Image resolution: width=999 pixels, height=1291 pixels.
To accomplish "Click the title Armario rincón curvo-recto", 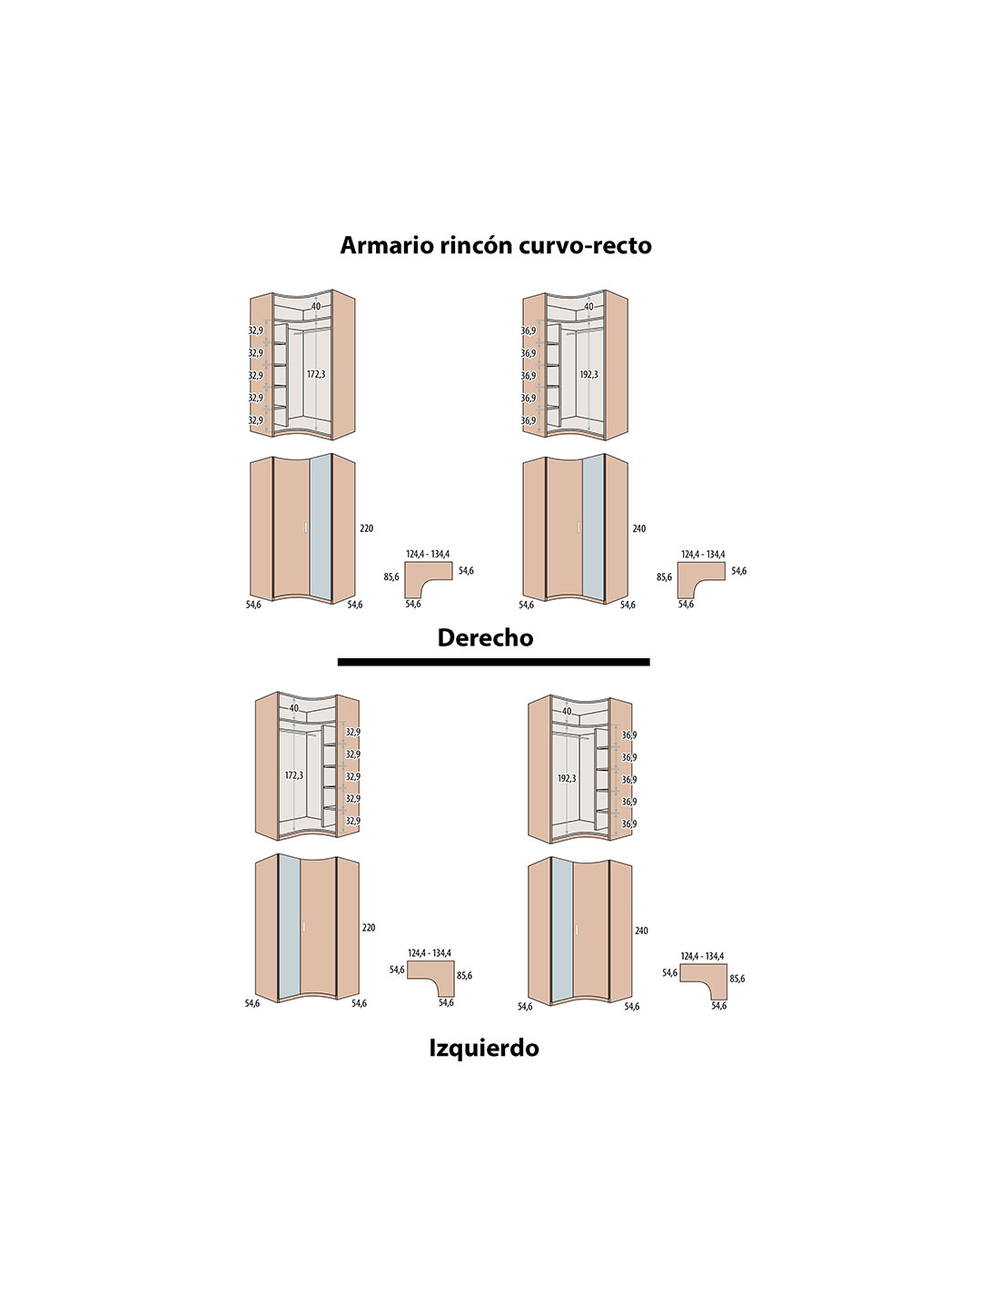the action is coord(496,245).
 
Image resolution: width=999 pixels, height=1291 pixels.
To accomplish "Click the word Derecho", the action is coord(485,637).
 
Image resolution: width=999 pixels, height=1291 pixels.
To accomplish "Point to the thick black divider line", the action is coord(493,661).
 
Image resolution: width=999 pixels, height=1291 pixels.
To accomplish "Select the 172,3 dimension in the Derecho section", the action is coord(316,374).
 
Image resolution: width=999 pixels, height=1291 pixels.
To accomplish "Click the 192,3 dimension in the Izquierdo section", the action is coord(567,778).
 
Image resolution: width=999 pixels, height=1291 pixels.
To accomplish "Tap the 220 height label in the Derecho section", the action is coord(367,528).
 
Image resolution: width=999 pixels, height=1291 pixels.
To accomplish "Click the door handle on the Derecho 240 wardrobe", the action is coord(579,527).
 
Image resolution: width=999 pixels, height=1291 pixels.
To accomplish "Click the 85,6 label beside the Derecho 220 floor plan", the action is coord(391,577).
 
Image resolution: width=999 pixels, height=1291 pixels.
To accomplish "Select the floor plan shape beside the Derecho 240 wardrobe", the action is coord(701,580).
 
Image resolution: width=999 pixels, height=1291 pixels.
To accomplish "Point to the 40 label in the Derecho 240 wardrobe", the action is coord(589,307).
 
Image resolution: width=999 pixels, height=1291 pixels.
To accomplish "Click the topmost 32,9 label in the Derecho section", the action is coord(255,330).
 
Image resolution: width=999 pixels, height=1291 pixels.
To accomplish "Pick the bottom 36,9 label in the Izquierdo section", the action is coord(629,824).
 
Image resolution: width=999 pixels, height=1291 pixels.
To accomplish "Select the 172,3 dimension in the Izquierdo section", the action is coord(294,775).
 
